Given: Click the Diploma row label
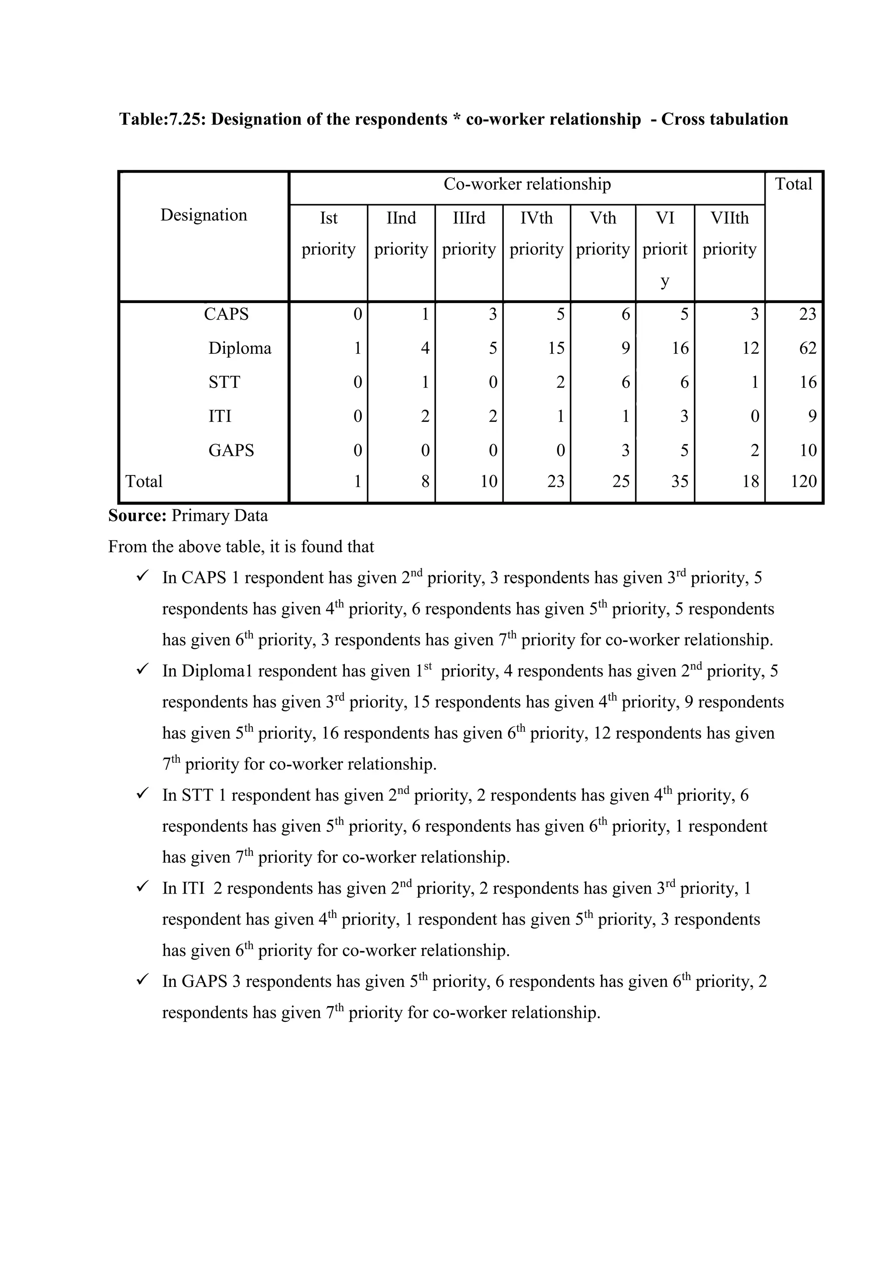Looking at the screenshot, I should coord(240,348).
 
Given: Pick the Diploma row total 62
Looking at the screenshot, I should coord(808,348).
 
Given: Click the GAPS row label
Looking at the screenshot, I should coord(231,451).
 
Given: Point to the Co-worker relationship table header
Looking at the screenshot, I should coord(527,184).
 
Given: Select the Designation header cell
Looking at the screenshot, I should coord(204,215).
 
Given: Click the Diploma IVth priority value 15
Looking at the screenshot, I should coord(556,348).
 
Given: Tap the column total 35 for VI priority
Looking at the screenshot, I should coord(679,481).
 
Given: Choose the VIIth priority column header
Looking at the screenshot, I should coord(729,233).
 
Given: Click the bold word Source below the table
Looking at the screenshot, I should coord(137,516).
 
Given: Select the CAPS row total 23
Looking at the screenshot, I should coord(808,314).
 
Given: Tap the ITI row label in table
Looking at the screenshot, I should coord(220,416).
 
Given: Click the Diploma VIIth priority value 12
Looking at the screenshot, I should coord(750,348).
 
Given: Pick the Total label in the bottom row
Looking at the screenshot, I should coord(144,481).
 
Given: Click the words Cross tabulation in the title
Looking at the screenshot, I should coord(725,119).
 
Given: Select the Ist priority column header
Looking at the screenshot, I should coord(329,233).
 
